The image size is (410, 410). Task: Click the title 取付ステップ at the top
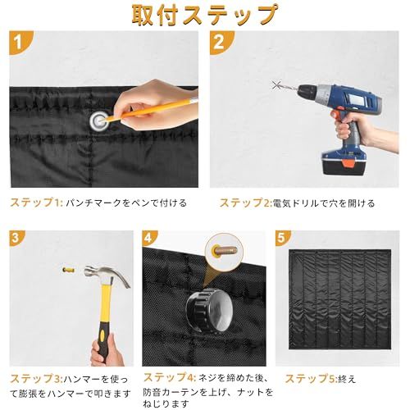pyautogui.click(x=204, y=16)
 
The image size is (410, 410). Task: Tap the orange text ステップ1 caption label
pyautogui.click(x=34, y=202)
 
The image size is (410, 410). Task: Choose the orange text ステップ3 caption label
pyautogui.click(x=34, y=378)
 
